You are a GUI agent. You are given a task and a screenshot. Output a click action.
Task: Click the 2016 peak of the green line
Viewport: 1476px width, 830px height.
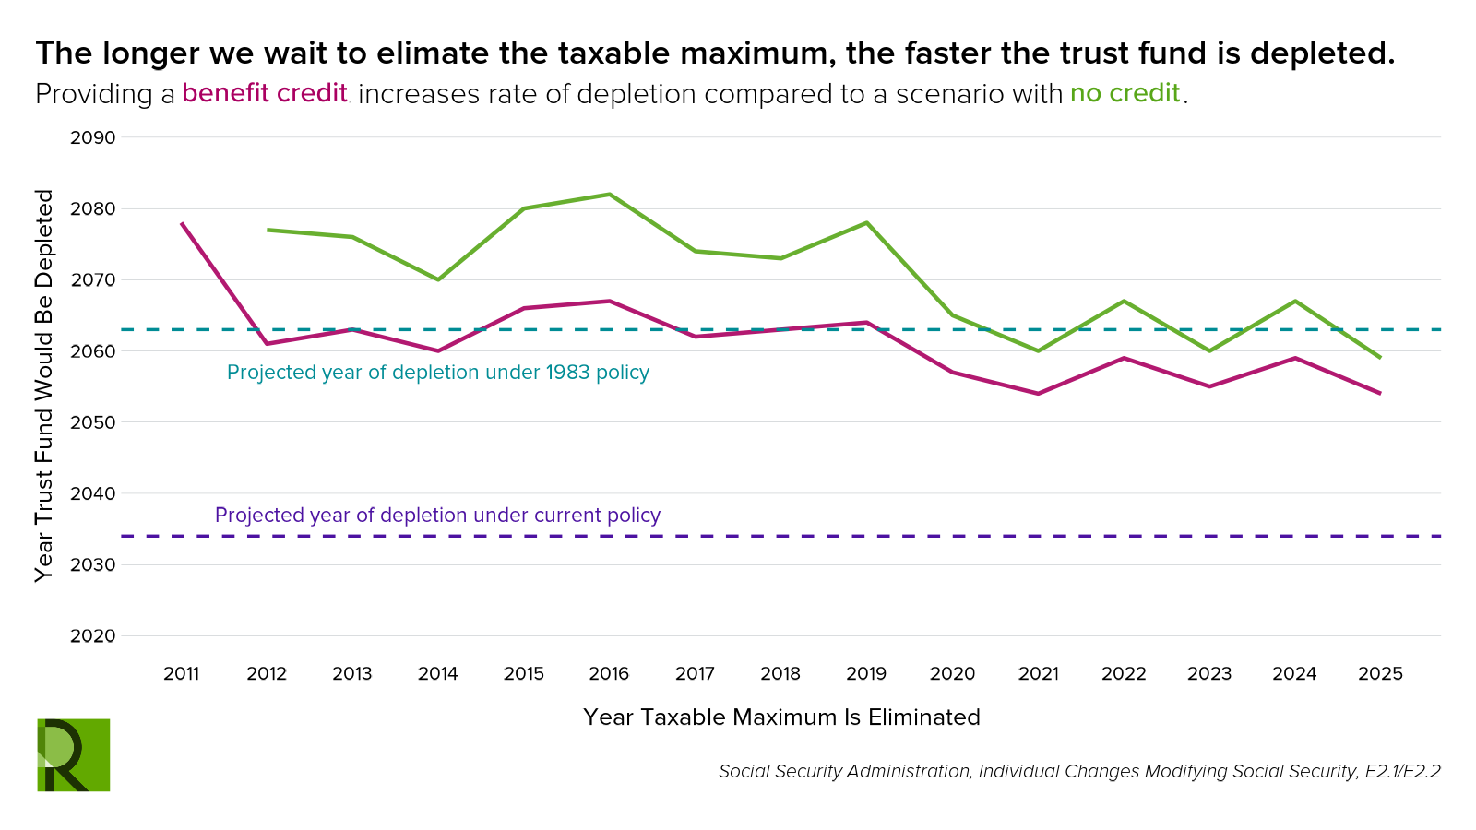(610, 195)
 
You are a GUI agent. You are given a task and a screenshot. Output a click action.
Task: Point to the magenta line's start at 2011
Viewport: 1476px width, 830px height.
(182, 223)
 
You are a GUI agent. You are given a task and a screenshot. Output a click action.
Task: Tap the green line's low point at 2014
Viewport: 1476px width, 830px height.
(438, 279)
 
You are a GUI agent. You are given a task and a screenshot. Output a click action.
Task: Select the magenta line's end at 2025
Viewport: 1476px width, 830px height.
(1380, 393)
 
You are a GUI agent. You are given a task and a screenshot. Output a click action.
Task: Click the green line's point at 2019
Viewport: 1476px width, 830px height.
(866, 223)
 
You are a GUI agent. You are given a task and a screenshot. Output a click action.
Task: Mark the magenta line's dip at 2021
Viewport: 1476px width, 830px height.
(1038, 394)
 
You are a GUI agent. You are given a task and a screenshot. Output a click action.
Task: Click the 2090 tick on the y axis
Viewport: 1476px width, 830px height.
(93, 138)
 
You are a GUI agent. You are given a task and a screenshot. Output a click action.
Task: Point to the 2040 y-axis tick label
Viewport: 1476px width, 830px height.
(93, 493)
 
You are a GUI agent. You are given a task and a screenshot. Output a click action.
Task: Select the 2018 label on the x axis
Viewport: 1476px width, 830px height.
(780, 674)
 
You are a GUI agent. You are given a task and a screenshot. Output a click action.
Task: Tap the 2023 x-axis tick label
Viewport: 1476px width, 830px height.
(1208, 674)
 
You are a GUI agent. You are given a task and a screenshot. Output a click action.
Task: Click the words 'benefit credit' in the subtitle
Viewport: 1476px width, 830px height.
(265, 93)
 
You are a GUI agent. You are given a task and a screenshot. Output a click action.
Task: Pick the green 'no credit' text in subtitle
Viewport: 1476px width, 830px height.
(1125, 93)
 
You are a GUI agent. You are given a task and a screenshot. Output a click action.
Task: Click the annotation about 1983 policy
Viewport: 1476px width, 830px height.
(438, 373)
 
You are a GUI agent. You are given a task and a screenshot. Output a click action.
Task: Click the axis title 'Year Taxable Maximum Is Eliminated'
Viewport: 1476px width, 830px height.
(781, 717)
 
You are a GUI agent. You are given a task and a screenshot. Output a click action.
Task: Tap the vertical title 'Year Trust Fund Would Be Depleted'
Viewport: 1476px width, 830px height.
(44, 385)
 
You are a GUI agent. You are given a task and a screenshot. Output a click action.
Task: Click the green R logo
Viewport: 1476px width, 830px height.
(74, 754)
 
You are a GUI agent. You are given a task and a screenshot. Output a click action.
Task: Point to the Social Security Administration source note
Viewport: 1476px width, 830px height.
(1079, 771)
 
